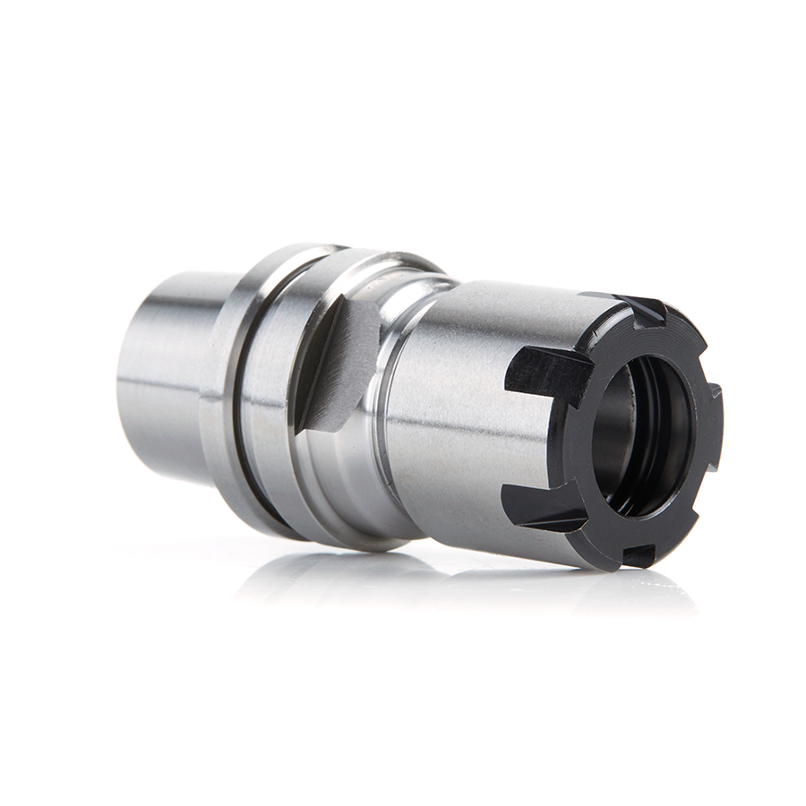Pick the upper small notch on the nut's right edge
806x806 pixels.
714,392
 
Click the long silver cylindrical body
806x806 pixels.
466,403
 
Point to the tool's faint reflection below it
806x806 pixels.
403,582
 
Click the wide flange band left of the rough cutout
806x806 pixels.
269,394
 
